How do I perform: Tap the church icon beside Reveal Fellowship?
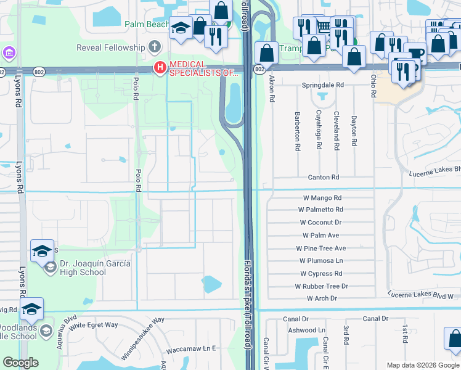coord(154,47)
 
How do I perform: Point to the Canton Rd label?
coord(324,178)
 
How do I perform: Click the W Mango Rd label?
coord(322,198)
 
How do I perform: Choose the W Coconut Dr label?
coord(320,223)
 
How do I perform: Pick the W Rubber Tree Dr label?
coord(321,286)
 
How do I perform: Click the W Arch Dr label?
coord(322,298)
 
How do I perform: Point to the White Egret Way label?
coord(94,325)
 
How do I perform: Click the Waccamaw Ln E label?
coord(192,348)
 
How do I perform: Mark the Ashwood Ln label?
coord(306,331)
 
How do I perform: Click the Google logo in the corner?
coord(20,363)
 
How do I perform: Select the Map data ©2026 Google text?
coord(422,365)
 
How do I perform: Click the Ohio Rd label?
coord(373,86)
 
